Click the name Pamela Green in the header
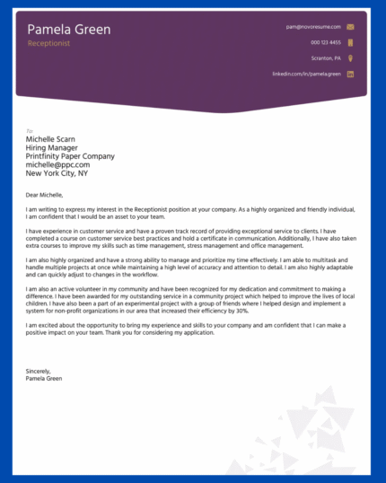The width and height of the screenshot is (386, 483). tap(69, 30)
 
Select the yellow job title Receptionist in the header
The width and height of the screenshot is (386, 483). tap(48, 43)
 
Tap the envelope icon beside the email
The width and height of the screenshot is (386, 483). tap(350, 27)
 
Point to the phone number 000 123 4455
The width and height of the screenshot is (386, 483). tap(326, 42)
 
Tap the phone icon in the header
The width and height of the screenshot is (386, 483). tap(350, 42)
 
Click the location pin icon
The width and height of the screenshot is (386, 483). tap(350, 57)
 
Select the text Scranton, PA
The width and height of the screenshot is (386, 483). tap(326, 58)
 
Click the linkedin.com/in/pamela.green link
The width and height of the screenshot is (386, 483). tap(306, 74)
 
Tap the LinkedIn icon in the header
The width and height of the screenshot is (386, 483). tap(350, 74)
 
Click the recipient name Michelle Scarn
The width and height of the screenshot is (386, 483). tap(51, 139)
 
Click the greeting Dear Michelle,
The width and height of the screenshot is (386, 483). tap(45, 194)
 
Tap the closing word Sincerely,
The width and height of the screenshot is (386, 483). tap(39, 371)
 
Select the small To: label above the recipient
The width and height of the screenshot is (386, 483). tap(30, 131)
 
